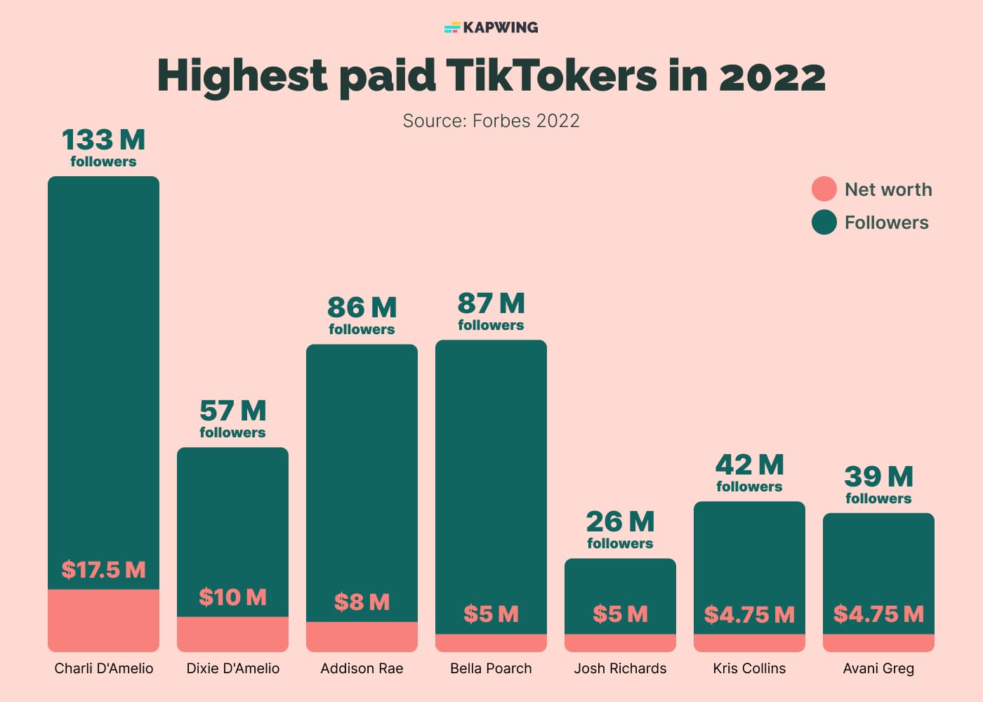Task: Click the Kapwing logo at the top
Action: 491,27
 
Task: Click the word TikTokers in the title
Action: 550,75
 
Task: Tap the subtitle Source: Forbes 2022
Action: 491,121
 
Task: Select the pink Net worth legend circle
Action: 824,189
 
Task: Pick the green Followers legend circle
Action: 824,223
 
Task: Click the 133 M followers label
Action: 103,147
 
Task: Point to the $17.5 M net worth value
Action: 103,569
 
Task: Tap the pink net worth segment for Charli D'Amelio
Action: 103,621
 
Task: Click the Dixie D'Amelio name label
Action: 232,668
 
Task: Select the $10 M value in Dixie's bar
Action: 232,597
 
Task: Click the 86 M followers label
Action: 362,315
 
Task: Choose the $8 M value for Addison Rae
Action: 362,602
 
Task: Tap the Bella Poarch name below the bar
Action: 491,668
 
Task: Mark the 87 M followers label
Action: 491,311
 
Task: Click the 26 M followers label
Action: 620,529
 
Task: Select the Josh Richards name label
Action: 620,668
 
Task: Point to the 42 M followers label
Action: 749,472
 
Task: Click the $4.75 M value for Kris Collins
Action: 749,614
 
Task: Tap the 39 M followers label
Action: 878,484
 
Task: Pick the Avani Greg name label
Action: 878,668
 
